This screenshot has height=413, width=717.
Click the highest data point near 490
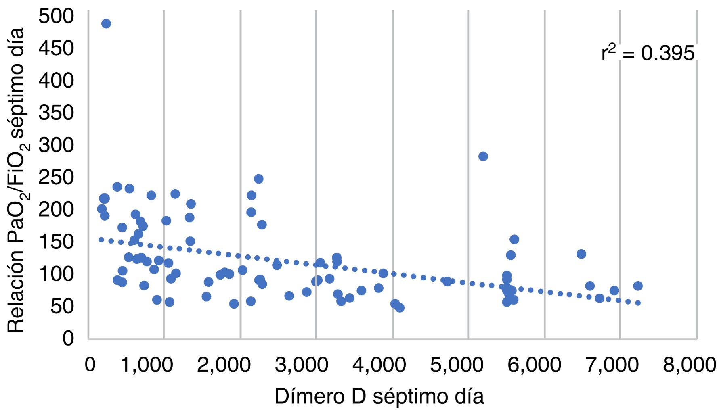coord(106,23)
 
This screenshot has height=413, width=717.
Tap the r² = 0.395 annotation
coord(648,53)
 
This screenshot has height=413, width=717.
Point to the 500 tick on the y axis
coord(56,16)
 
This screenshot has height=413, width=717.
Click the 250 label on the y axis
coord(56,177)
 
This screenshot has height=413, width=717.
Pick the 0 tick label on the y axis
coord(68,338)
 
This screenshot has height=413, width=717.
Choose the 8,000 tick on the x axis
coord(689,365)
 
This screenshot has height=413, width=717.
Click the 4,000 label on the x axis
coord(379,365)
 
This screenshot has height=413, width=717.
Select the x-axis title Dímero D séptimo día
coord(379,396)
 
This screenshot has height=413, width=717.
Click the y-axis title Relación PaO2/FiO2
coord(17,179)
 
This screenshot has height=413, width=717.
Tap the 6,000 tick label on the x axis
coord(534,365)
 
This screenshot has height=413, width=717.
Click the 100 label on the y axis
coord(56,274)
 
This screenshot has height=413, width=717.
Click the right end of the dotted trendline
coord(638,303)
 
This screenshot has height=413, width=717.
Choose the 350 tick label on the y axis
coord(56,113)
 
